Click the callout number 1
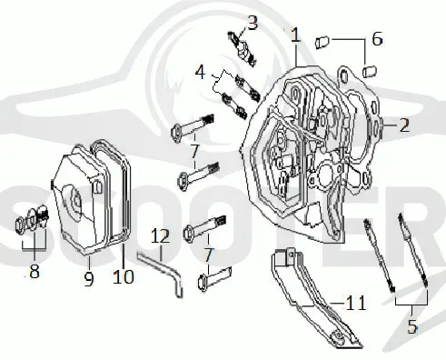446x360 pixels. (x=295, y=35)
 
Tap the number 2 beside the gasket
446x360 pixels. (x=404, y=125)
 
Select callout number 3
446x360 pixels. (x=253, y=23)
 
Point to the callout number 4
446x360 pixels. (x=200, y=73)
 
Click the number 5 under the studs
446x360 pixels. (x=412, y=325)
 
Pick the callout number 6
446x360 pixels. (x=377, y=39)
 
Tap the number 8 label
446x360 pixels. (x=35, y=271)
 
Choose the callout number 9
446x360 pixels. (x=89, y=279)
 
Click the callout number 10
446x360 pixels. (x=124, y=276)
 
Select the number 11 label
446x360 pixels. (x=356, y=303)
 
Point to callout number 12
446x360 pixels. (x=161, y=235)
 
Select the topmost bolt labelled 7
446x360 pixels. (x=193, y=127)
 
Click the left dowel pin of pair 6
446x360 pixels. (x=322, y=42)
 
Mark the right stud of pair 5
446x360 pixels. (x=413, y=249)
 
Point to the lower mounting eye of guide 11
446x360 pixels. (x=337, y=335)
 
